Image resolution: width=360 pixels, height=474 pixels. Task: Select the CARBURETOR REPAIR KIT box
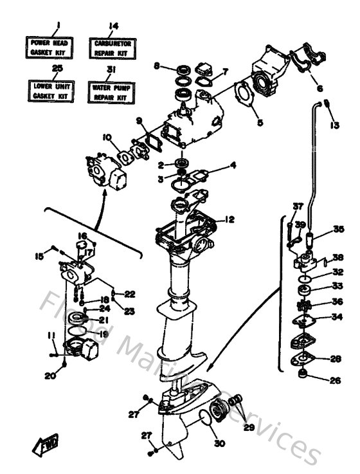coord(114,46)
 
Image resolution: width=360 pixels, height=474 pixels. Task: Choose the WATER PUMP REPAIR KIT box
coord(114,90)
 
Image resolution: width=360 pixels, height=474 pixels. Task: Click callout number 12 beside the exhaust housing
coord(230,220)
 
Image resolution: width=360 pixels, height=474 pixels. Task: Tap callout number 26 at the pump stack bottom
coord(334,380)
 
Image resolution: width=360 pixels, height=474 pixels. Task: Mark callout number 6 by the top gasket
coord(319,89)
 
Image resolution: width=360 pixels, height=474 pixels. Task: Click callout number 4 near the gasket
coord(233,165)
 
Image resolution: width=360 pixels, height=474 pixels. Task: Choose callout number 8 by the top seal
coord(156,66)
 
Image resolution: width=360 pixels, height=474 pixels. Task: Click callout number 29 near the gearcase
coord(249,426)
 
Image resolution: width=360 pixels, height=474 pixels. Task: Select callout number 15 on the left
coord(38,256)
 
